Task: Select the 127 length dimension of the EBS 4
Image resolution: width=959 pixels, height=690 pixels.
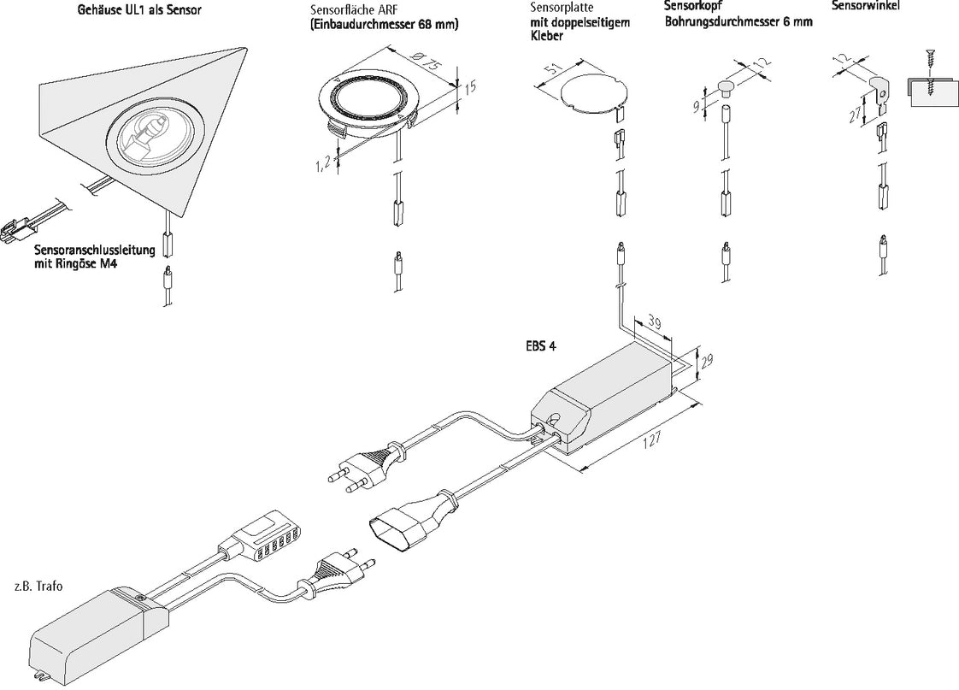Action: [652, 441]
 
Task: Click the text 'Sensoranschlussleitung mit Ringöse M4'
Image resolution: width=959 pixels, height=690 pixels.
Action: [94, 258]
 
